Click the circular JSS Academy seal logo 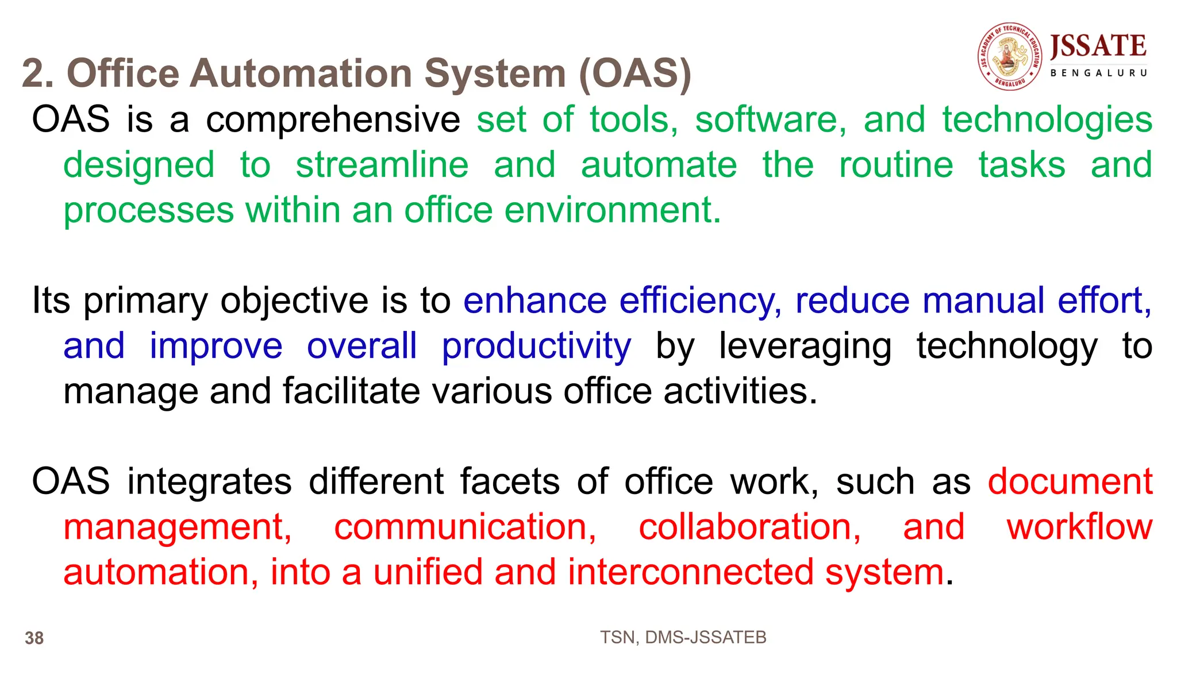pos(1010,57)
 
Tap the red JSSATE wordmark pos(1098,47)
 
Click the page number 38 pos(34,638)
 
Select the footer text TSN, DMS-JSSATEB pos(683,637)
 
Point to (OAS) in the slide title pos(634,74)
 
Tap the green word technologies pos(1047,119)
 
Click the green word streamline pos(382,165)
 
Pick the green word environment pos(613,210)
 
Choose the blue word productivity pos(536,346)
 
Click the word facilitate pos(351,391)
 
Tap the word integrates pos(210,481)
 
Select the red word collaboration pos(750,527)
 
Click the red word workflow pos(1079,527)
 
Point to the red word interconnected pos(690,572)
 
